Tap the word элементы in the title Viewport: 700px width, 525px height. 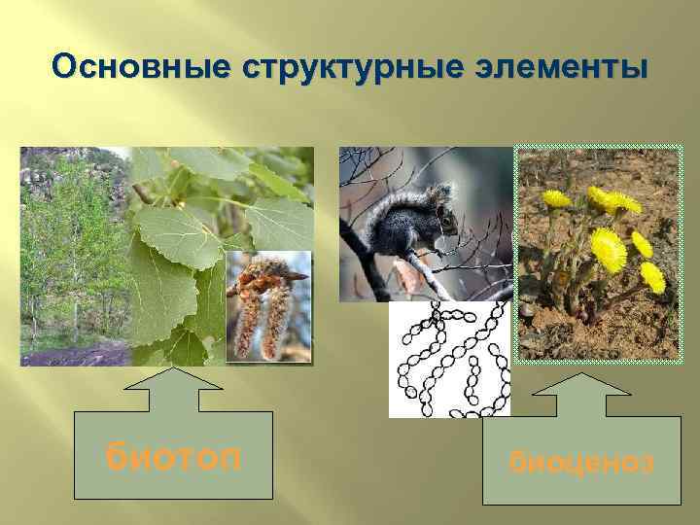(x=566, y=67)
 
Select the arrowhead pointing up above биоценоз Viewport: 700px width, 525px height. (x=581, y=391)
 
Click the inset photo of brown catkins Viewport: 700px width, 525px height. (x=268, y=306)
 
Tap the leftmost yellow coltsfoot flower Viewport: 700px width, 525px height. (x=556, y=198)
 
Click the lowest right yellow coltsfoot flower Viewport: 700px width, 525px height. (x=652, y=277)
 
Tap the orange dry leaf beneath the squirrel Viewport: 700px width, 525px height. (x=407, y=277)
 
